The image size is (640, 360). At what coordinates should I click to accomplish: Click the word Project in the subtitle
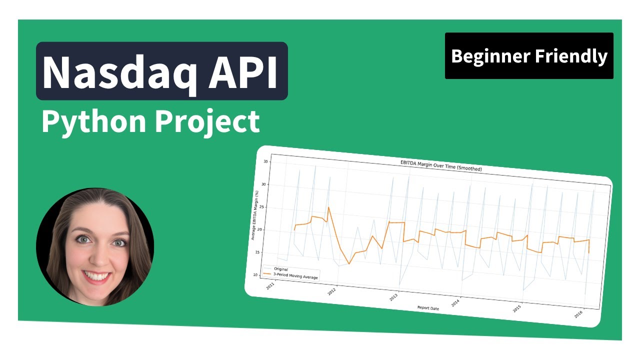coord(206,121)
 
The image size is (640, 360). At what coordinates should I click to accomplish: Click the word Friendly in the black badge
coord(571,56)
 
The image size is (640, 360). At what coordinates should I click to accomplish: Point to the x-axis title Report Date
coord(428,308)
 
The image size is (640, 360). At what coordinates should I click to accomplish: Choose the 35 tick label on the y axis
coord(266,162)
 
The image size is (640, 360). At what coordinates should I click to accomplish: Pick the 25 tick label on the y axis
coord(266,207)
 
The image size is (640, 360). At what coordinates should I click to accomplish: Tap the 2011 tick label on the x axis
coord(270,287)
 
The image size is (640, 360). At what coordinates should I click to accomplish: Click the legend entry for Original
coord(281,269)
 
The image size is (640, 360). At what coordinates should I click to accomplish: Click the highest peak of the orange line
coord(328,207)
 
